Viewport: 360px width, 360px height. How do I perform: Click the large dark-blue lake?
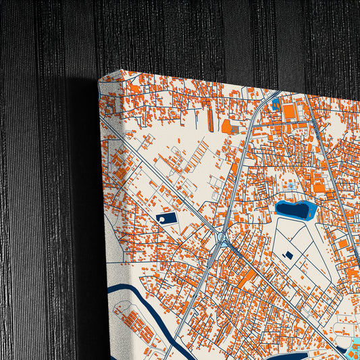(292, 210)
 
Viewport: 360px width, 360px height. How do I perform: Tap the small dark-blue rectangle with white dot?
(165, 218)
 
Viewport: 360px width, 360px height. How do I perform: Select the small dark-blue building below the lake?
(289, 255)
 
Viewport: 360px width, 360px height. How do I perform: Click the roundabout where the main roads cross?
(222, 239)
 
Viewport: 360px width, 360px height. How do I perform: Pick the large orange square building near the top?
(290, 111)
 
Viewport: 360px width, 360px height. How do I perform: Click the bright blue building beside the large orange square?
(276, 103)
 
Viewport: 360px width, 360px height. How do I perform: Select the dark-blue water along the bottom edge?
(304, 355)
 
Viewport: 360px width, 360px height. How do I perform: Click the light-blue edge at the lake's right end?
(311, 211)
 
